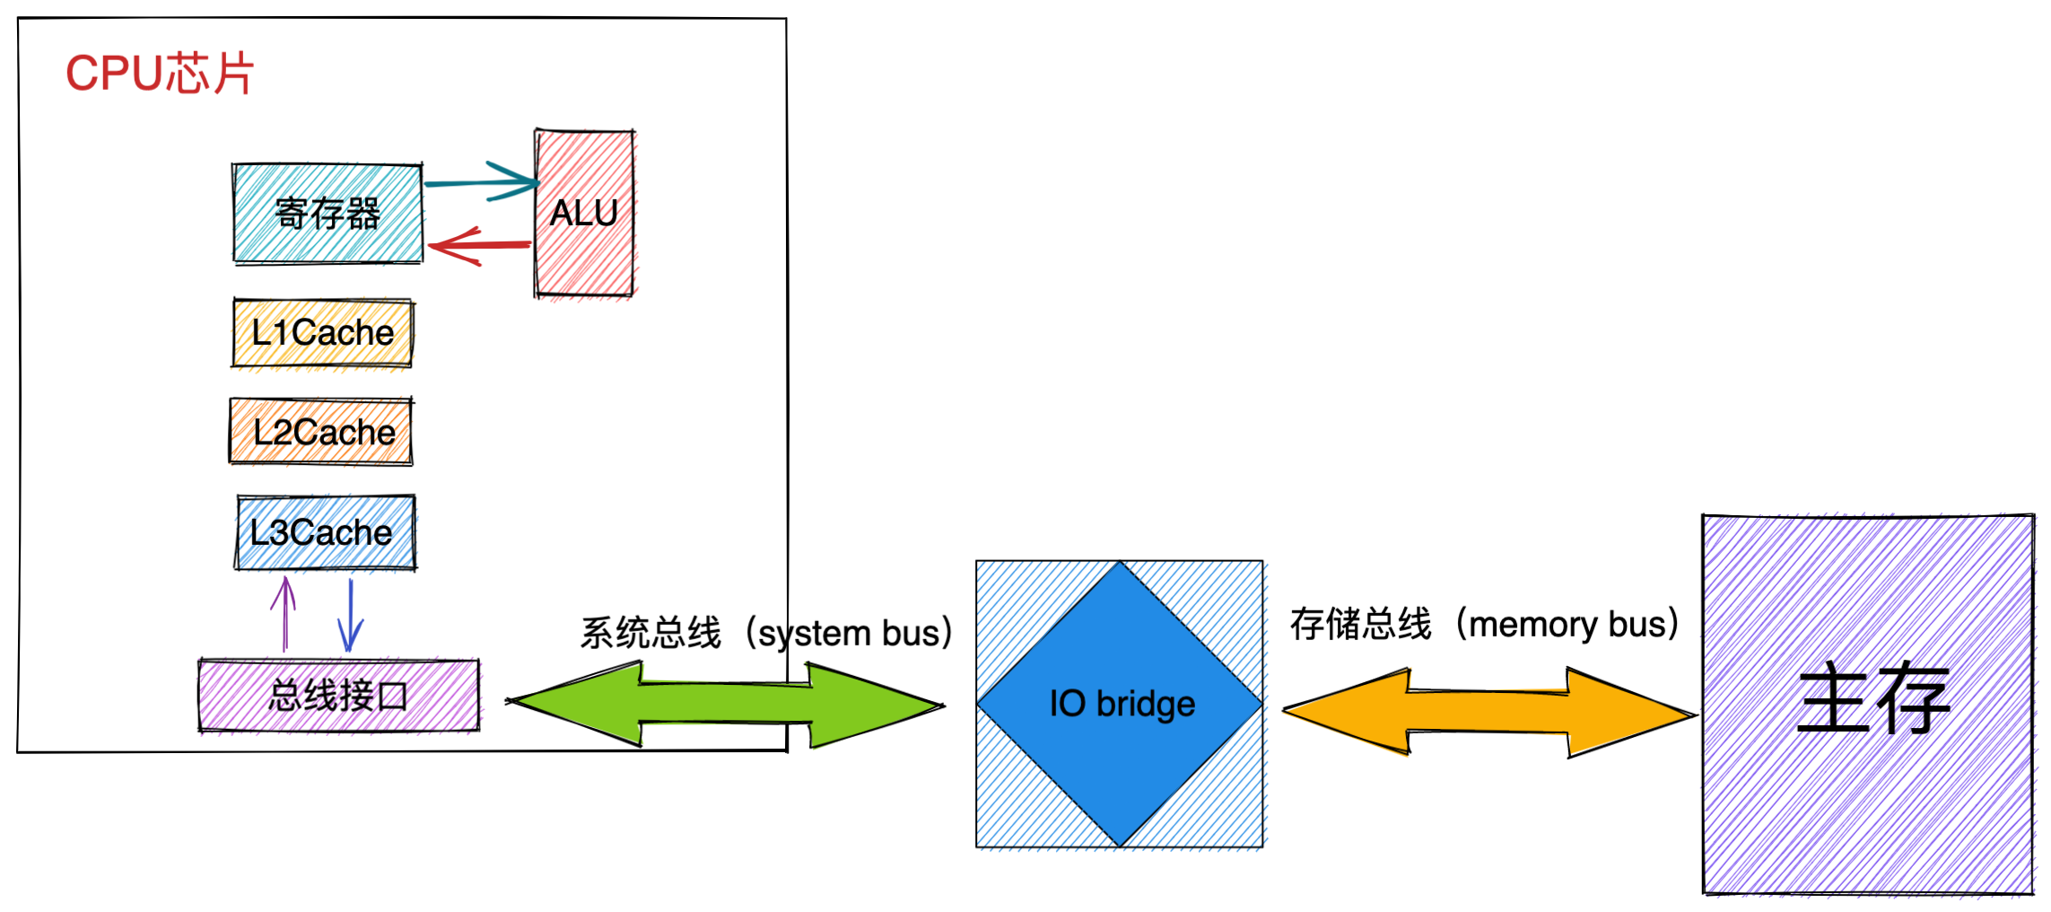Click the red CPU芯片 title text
click(160, 74)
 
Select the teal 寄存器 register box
click(327, 214)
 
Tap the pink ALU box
click(584, 214)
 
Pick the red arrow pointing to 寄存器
click(480, 245)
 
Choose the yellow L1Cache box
click(323, 333)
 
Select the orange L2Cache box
click(322, 432)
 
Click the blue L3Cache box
click(325, 532)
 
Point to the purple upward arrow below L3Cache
click(284, 614)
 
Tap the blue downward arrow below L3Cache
click(350, 616)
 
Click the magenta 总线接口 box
click(338, 696)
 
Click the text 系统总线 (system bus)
click(765, 633)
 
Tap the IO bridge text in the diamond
click(1122, 704)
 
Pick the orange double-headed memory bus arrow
click(1489, 712)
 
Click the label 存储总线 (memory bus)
click(1484, 624)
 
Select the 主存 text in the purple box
click(1873, 699)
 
